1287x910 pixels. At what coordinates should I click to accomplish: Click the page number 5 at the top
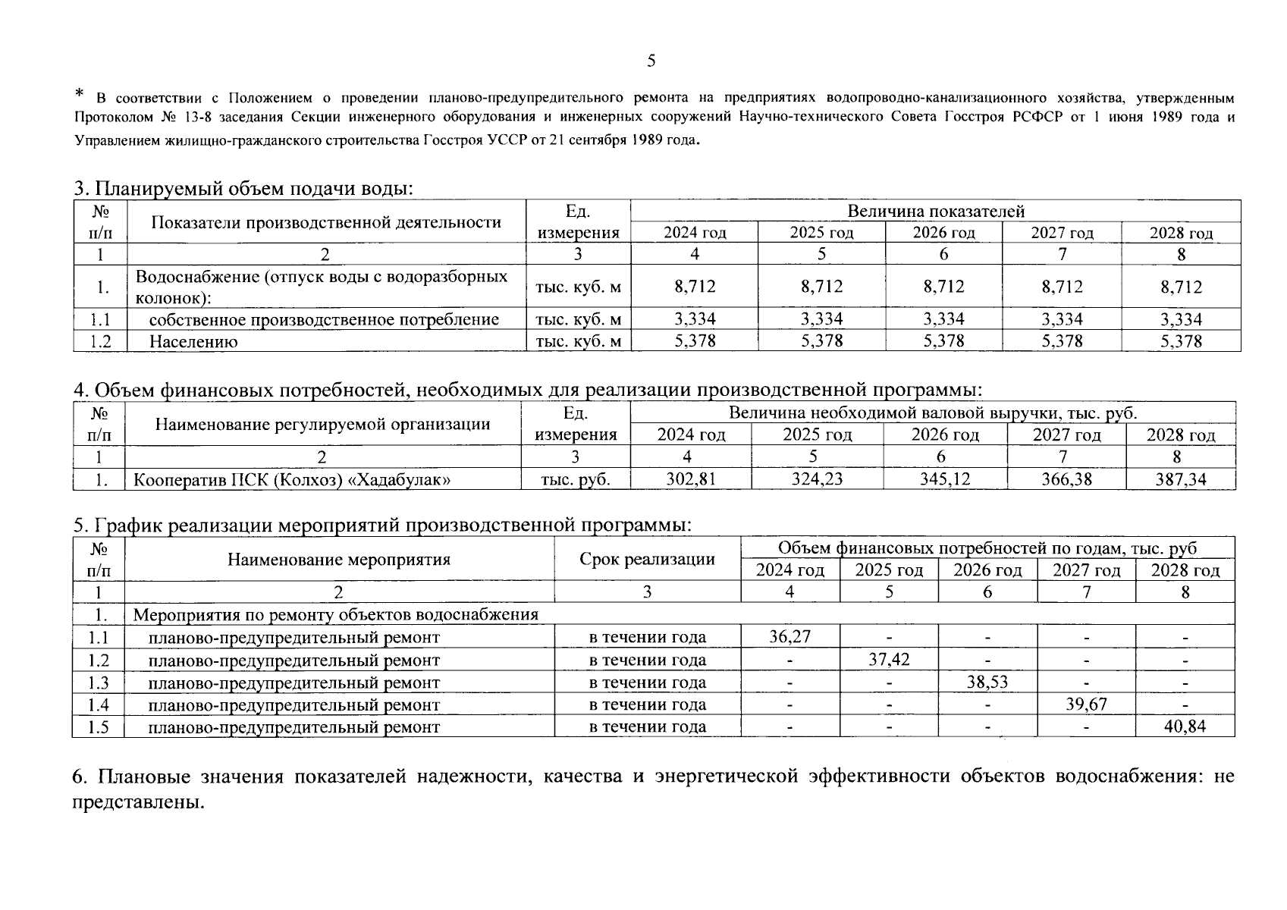(x=651, y=61)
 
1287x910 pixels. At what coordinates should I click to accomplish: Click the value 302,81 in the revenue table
(x=690, y=479)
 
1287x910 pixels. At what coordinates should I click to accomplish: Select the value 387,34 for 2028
(x=1180, y=479)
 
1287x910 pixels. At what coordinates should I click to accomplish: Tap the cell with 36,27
(x=789, y=636)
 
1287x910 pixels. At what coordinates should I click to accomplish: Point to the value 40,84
(x=1185, y=726)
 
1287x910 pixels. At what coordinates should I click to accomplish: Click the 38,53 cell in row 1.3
(x=987, y=681)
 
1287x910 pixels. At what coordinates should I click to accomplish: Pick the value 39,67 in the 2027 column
(x=1086, y=704)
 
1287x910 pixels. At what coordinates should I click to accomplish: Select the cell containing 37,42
(x=889, y=658)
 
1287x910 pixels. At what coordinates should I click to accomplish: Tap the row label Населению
(x=193, y=341)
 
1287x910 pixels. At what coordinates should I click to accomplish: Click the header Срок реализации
(x=647, y=559)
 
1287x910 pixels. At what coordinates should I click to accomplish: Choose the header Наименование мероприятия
(x=338, y=560)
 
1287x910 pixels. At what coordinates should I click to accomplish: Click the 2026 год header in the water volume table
(x=943, y=233)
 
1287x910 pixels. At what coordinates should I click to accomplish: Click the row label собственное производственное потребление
(x=324, y=319)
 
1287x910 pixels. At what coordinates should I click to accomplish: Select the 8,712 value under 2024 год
(x=694, y=286)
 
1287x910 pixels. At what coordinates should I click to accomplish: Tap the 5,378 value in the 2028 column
(x=1180, y=341)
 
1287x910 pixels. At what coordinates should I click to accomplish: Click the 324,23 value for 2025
(x=817, y=479)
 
